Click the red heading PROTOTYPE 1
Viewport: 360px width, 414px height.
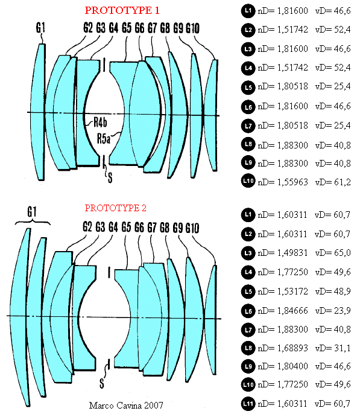(x=122, y=10)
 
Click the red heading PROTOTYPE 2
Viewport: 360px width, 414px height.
(x=115, y=208)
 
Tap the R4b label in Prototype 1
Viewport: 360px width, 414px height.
(x=100, y=123)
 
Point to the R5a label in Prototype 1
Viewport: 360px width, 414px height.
(x=104, y=139)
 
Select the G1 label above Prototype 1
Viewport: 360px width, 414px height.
(x=40, y=28)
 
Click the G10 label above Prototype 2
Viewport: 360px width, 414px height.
(x=192, y=228)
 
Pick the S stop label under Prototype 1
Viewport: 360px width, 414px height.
(x=110, y=177)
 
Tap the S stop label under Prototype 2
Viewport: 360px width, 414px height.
(x=102, y=383)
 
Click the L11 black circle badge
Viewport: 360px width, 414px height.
(x=248, y=404)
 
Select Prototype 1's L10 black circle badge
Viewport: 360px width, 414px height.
(x=248, y=181)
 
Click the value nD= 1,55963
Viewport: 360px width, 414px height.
(x=283, y=182)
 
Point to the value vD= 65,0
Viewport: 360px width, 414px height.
(x=333, y=253)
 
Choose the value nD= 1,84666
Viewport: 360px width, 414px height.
(x=283, y=310)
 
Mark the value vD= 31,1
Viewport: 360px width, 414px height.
(x=333, y=348)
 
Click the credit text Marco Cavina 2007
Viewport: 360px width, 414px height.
(x=126, y=405)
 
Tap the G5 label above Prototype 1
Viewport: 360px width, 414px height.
(x=126, y=28)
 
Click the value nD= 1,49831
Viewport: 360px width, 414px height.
(x=283, y=253)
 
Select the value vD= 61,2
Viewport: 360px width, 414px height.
(x=333, y=182)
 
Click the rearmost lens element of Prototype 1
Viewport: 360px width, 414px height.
(x=212, y=115)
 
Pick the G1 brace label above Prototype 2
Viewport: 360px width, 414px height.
(x=32, y=212)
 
